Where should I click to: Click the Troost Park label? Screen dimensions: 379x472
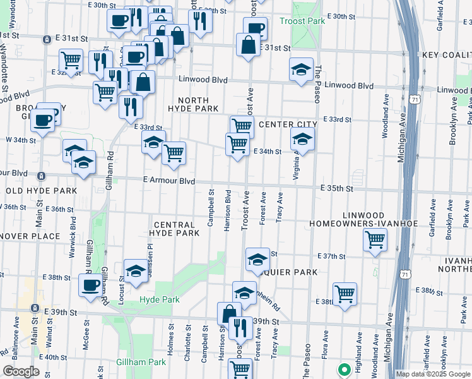coord(302,21)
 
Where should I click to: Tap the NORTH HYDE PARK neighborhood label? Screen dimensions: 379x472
coord(198,105)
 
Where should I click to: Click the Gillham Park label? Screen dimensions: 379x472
coord(141,363)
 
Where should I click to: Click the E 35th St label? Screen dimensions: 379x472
coord(336,188)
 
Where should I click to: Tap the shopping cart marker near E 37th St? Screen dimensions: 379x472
coord(375,240)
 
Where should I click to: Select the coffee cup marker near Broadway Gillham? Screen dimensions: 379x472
coord(43,120)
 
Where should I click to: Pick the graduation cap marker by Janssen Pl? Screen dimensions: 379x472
coord(135,270)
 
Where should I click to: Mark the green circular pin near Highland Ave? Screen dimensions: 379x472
coord(345,370)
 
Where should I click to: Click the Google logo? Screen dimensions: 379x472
coord(21,371)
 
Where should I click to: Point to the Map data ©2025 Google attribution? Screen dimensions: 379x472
coord(432,374)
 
